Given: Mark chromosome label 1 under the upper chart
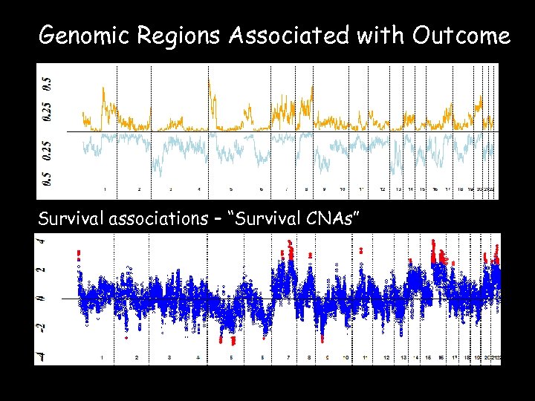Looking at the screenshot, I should pos(104,191).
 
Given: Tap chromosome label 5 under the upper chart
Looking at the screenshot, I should pos(230,191).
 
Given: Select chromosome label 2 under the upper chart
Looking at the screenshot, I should pos(139,191).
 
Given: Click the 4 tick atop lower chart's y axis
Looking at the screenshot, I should pos(42,241).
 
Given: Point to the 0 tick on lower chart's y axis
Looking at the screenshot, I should pos(42,299).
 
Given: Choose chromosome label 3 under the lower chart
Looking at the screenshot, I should pos(169,357).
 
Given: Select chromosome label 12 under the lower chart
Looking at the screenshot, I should pos(386,357).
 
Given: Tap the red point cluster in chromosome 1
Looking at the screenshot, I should pos(79,256).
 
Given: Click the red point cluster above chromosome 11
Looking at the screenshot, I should pos(361,250).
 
